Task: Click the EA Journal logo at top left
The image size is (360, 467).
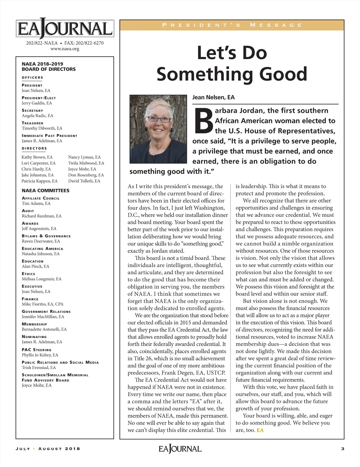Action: tap(65, 29)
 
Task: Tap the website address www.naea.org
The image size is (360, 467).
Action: tap(65, 49)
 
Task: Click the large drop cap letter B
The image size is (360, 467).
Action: tap(203, 121)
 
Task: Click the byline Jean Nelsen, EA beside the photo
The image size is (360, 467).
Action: tap(213, 97)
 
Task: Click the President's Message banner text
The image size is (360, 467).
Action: tap(232, 25)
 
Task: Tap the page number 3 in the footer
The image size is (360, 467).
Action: tap(343, 449)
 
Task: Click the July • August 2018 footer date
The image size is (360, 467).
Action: tap(48, 449)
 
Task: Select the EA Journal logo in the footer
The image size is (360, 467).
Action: tap(180, 449)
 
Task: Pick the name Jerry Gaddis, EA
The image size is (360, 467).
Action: tap(37, 103)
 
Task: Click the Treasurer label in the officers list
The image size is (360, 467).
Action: tap(32, 123)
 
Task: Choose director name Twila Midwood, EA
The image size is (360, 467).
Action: tap(86, 163)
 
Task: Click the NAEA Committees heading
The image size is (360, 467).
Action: tap(45, 191)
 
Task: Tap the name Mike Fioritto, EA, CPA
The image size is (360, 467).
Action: tap(43, 304)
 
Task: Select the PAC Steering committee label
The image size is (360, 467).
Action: tap(36, 350)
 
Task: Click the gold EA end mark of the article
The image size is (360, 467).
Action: tap(260, 430)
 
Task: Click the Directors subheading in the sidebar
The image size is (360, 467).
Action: tap(34, 148)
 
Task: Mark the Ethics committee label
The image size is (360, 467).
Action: tap(28, 274)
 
